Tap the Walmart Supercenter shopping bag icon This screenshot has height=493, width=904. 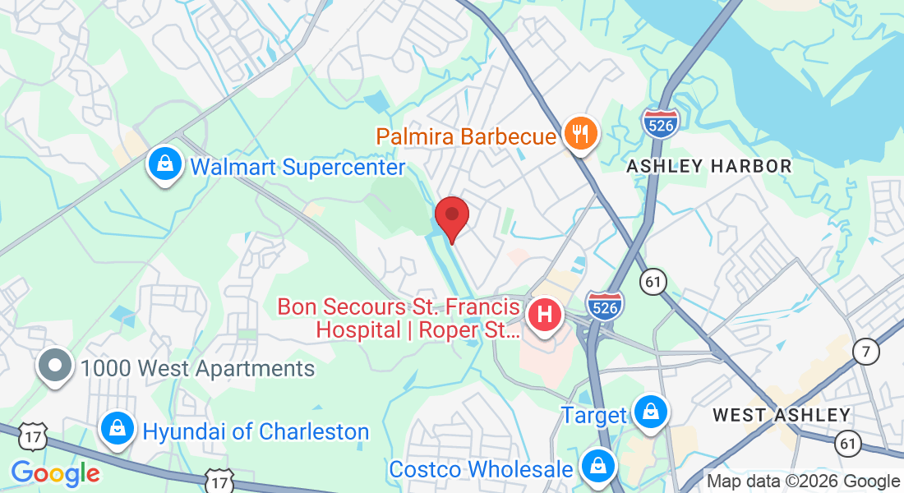pos(165,164)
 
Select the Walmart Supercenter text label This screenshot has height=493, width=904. pos(297,168)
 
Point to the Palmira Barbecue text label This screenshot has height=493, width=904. pos(467,136)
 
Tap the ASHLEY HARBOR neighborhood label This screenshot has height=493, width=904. pos(709,166)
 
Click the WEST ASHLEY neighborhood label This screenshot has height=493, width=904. pos(782,415)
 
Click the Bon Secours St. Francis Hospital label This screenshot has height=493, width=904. pos(399,319)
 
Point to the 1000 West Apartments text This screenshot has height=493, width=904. pos(197,368)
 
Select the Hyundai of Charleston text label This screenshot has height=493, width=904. pos(256,431)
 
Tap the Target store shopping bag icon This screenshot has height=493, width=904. pos(650,412)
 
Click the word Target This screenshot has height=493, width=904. pos(594,415)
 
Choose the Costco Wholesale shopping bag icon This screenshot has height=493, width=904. pos(598,466)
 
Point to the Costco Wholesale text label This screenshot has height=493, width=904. pos(481,469)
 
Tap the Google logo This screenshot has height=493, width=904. pos(55,473)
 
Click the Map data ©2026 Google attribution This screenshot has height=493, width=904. pos(803,481)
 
